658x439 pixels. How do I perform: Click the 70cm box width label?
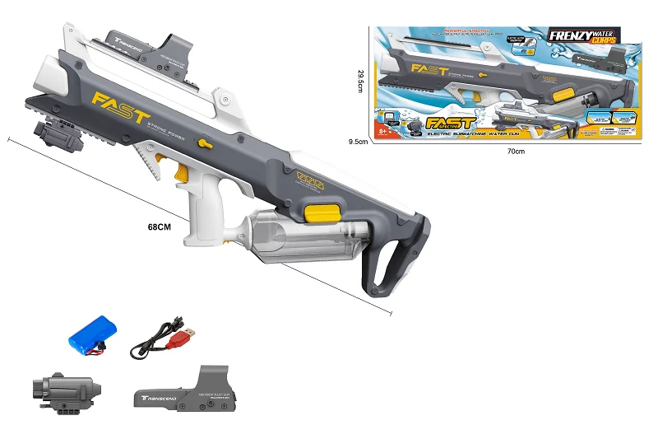[515, 151]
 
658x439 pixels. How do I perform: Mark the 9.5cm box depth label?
[357, 142]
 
